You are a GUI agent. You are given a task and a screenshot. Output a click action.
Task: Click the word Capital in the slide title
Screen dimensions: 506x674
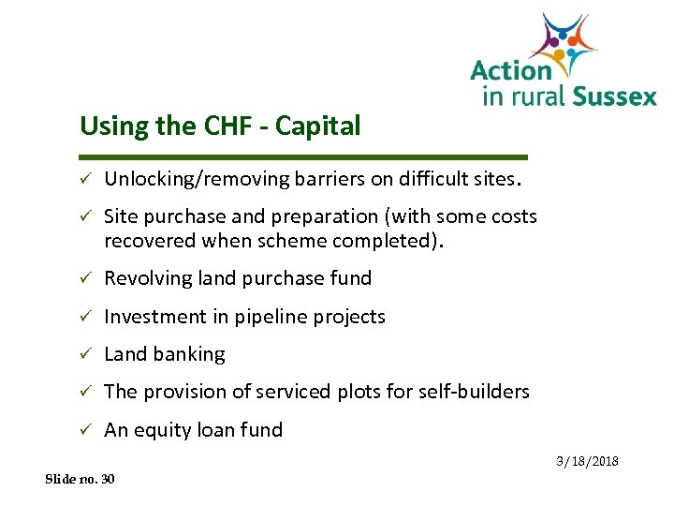click(320, 126)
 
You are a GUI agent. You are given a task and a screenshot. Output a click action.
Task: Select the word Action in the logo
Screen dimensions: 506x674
click(510, 70)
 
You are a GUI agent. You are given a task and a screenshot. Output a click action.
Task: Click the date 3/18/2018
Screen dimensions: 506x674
click(587, 461)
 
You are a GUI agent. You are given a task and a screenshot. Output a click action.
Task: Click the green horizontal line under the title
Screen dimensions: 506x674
click(304, 156)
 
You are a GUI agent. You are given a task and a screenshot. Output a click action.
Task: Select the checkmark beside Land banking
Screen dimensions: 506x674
click(83, 354)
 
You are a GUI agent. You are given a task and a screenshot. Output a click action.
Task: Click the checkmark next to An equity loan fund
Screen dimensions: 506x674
click(83, 430)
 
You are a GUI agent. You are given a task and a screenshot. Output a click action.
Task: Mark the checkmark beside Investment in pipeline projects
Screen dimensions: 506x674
click(83, 317)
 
